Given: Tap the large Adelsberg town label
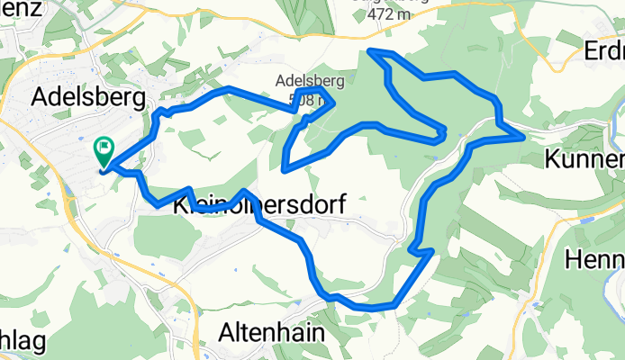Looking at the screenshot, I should pyautogui.click(x=88, y=96).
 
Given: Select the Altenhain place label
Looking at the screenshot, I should pyautogui.click(x=271, y=332).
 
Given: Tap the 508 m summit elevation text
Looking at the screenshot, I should pyautogui.click(x=302, y=101).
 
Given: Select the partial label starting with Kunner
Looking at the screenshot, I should pyautogui.click(x=584, y=161).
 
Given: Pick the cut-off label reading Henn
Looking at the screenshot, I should pyautogui.click(x=594, y=260).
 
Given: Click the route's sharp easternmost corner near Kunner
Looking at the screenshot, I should pyautogui.click(x=523, y=137).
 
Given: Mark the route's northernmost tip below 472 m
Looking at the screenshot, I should pyautogui.click(x=372, y=50).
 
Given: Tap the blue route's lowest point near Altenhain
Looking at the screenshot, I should pyautogui.click(x=369, y=308).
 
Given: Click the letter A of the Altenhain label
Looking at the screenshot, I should pyautogui.click(x=227, y=332).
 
